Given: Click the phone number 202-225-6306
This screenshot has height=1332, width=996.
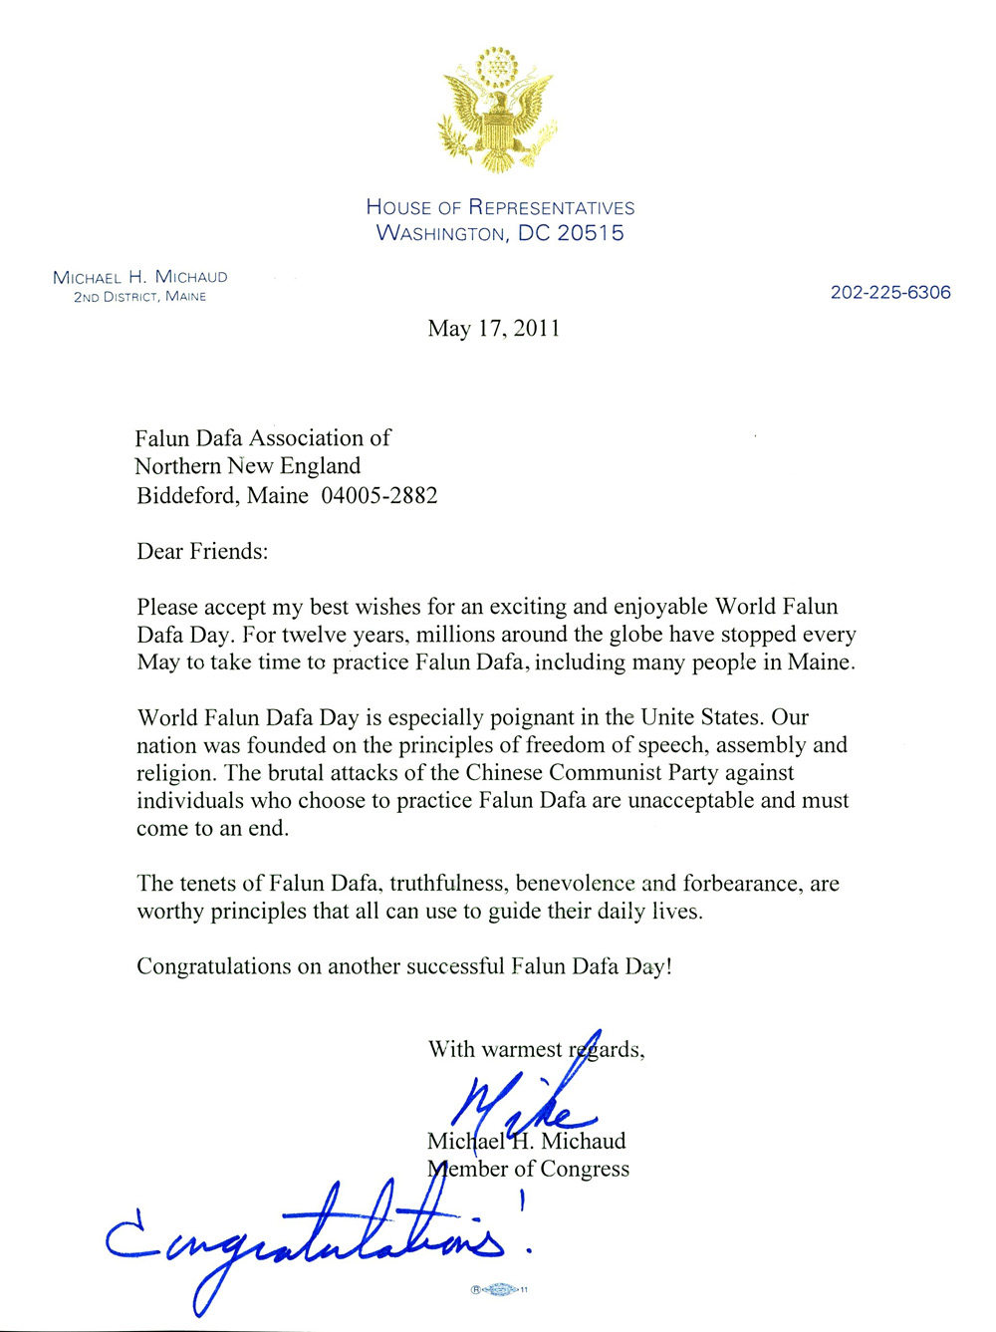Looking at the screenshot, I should pyautogui.click(x=890, y=292).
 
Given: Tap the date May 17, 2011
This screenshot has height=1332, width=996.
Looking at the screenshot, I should pyautogui.click(x=494, y=329).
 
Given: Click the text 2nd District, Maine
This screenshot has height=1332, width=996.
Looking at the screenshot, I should pyautogui.click(x=139, y=297).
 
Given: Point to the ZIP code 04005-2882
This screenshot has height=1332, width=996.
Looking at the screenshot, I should pyautogui.click(x=379, y=495).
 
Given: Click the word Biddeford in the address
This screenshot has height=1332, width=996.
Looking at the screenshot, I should pyautogui.click(x=187, y=495).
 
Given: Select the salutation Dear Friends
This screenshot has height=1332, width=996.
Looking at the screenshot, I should pyautogui.click(x=202, y=551).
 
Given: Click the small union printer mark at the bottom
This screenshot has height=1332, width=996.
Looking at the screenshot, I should pyautogui.click(x=499, y=1289).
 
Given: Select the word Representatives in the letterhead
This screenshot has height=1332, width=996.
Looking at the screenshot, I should pyautogui.click(x=551, y=207).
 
